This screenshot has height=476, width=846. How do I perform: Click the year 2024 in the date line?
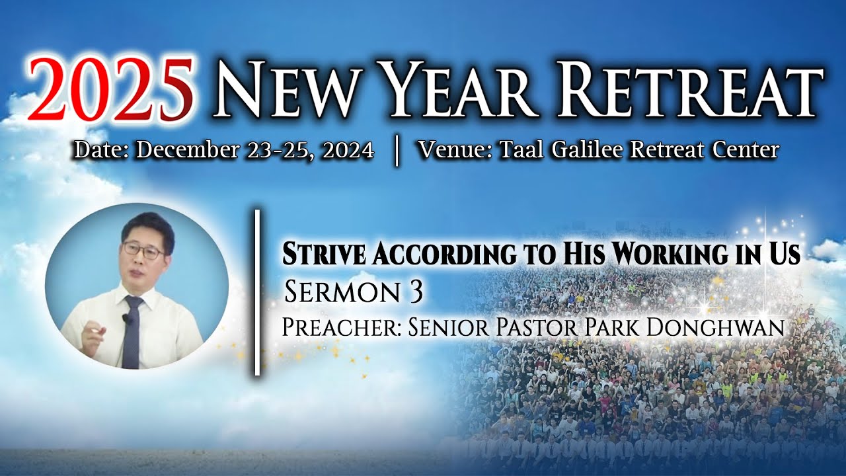[348, 150]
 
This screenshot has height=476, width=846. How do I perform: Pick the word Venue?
[454, 149]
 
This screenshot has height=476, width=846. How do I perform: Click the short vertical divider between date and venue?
[396, 151]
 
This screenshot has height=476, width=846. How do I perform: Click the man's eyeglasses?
[145, 250]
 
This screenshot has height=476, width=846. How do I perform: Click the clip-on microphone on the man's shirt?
[126, 319]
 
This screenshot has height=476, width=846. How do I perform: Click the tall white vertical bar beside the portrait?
[257, 292]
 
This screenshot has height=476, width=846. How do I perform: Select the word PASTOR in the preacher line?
[535, 327]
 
